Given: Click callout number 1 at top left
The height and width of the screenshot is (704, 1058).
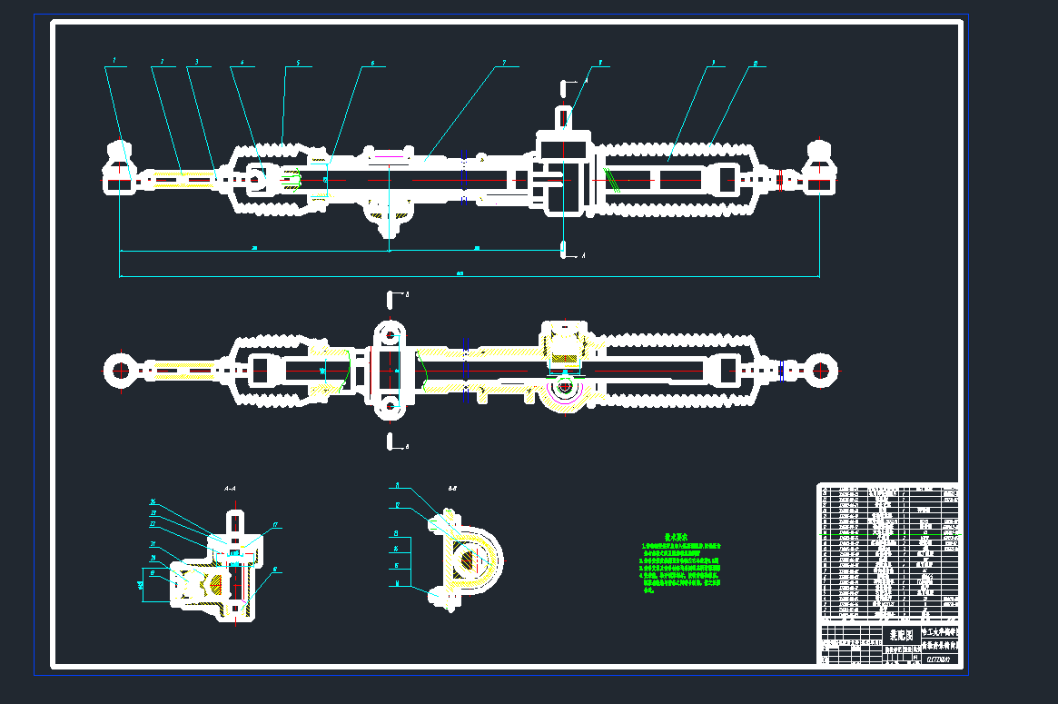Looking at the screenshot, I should click(x=114, y=62).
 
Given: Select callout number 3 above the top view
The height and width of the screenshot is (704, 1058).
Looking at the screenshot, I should click(x=197, y=63).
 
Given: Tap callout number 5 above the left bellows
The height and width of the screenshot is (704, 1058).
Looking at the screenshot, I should click(x=297, y=64).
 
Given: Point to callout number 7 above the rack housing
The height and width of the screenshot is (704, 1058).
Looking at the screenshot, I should click(x=504, y=64).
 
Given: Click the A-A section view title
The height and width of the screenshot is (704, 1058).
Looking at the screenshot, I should click(x=230, y=489).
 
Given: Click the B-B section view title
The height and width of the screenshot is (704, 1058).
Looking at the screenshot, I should click(x=451, y=488).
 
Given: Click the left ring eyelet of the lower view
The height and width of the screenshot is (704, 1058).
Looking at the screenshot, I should click(x=120, y=371).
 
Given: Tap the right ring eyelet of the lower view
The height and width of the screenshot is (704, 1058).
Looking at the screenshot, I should click(x=820, y=371).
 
